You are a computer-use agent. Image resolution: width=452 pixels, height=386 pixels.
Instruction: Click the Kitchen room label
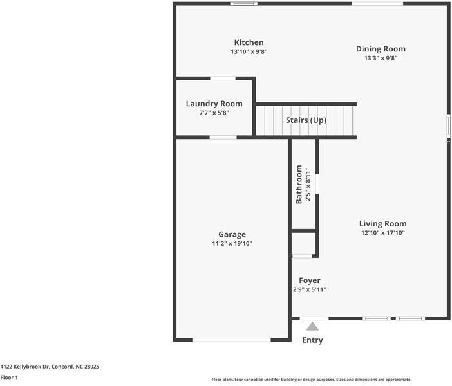click(249, 42)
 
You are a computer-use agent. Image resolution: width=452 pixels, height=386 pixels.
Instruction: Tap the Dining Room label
click(381, 49)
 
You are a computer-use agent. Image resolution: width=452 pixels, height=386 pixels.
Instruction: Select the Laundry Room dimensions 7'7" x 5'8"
click(214, 113)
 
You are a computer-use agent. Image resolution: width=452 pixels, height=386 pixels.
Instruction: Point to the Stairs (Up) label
click(306, 120)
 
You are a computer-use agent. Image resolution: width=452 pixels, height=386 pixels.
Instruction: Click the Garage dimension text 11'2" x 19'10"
click(232, 243)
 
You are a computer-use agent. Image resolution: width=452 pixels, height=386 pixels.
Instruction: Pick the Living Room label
click(383, 224)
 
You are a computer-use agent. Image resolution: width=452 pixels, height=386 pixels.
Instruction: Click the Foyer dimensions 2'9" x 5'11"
click(310, 289)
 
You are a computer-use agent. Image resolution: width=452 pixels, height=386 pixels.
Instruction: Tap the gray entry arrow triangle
click(312, 327)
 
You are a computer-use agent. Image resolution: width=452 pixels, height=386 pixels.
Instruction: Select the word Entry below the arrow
click(312, 340)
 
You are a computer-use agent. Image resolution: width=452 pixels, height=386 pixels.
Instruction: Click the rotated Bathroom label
click(299, 185)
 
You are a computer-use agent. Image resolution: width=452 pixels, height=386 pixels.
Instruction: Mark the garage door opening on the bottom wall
click(232, 340)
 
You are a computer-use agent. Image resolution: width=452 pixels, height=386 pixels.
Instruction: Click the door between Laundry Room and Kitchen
click(223, 78)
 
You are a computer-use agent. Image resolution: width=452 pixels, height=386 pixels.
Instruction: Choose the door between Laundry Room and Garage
click(223, 138)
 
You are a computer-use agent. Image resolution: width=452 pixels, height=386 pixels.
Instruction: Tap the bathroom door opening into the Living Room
click(317, 184)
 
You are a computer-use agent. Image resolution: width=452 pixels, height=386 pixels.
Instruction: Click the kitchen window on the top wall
click(244, 4)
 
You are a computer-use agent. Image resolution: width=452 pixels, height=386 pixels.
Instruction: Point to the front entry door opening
click(314, 318)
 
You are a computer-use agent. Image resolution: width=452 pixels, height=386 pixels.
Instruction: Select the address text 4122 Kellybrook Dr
click(25, 367)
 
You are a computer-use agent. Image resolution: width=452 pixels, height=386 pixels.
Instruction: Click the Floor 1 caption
click(9, 378)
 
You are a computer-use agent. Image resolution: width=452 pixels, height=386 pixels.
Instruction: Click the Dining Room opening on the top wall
click(377, 4)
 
